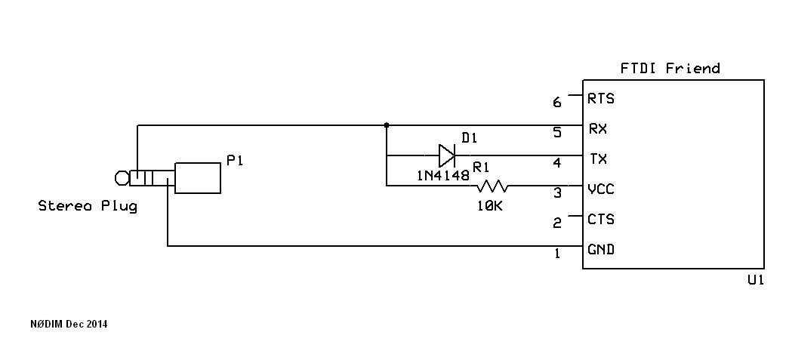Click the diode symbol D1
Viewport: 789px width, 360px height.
[x=447, y=155]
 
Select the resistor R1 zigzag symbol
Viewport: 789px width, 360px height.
[x=492, y=186]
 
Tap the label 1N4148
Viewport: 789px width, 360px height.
[x=442, y=175]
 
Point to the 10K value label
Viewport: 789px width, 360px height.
[x=490, y=205]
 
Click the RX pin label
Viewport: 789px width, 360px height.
[x=598, y=129]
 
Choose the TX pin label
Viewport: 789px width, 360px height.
[x=598, y=159]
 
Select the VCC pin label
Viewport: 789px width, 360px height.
[x=601, y=189]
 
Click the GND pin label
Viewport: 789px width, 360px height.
[x=601, y=249]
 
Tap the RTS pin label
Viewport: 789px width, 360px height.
[x=601, y=99]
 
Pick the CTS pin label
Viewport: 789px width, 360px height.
[x=601, y=219]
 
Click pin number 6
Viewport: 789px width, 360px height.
[x=557, y=103]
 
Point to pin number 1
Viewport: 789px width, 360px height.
[x=557, y=254]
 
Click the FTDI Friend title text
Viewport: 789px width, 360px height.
[x=670, y=68]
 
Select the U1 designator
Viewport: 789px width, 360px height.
[x=755, y=281]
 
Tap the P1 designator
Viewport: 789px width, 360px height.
[x=235, y=161]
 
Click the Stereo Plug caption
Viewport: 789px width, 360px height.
[x=88, y=206]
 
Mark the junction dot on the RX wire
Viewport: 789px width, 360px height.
[x=387, y=125]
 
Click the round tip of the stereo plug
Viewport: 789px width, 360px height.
[x=122, y=178]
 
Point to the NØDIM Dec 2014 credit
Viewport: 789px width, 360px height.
[x=69, y=325]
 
